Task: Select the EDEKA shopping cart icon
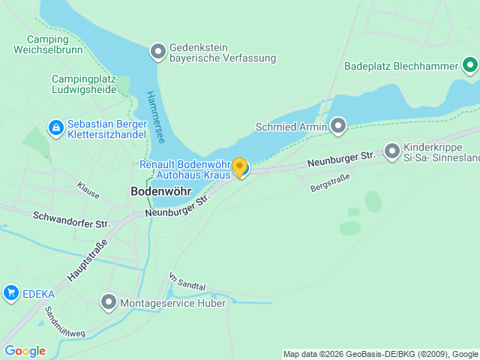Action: (x=10, y=293)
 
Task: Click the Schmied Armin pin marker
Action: (x=339, y=126)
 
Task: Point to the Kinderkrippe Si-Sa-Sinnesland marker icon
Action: (x=392, y=152)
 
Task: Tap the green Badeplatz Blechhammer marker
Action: (x=470, y=66)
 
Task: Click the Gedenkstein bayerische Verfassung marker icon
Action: (x=158, y=52)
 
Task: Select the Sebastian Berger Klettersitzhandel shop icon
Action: (x=55, y=128)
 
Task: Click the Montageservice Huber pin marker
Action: (x=109, y=303)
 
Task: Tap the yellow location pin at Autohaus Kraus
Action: (x=239, y=167)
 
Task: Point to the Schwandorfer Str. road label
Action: (x=72, y=220)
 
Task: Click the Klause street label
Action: (x=88, y=190)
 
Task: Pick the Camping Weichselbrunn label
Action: (x=47, y=44)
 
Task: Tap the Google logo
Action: (x=25, y=351)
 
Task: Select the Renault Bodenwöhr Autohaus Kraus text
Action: (x=184, y=169)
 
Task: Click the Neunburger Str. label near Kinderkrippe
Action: (x=340, y=159)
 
